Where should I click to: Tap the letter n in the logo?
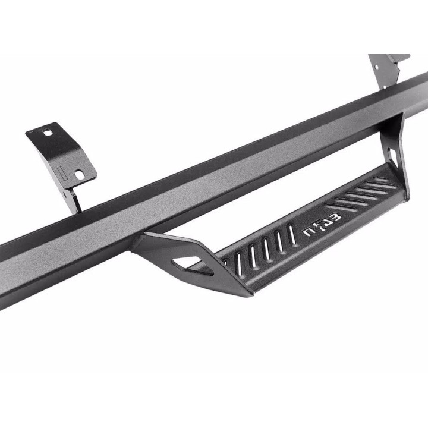click(309, 231)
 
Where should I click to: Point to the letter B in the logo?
click(337, 218)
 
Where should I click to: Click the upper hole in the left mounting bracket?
click(48, 133)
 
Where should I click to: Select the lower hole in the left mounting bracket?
click(79, 174)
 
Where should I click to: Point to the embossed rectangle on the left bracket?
click(61, 174)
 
